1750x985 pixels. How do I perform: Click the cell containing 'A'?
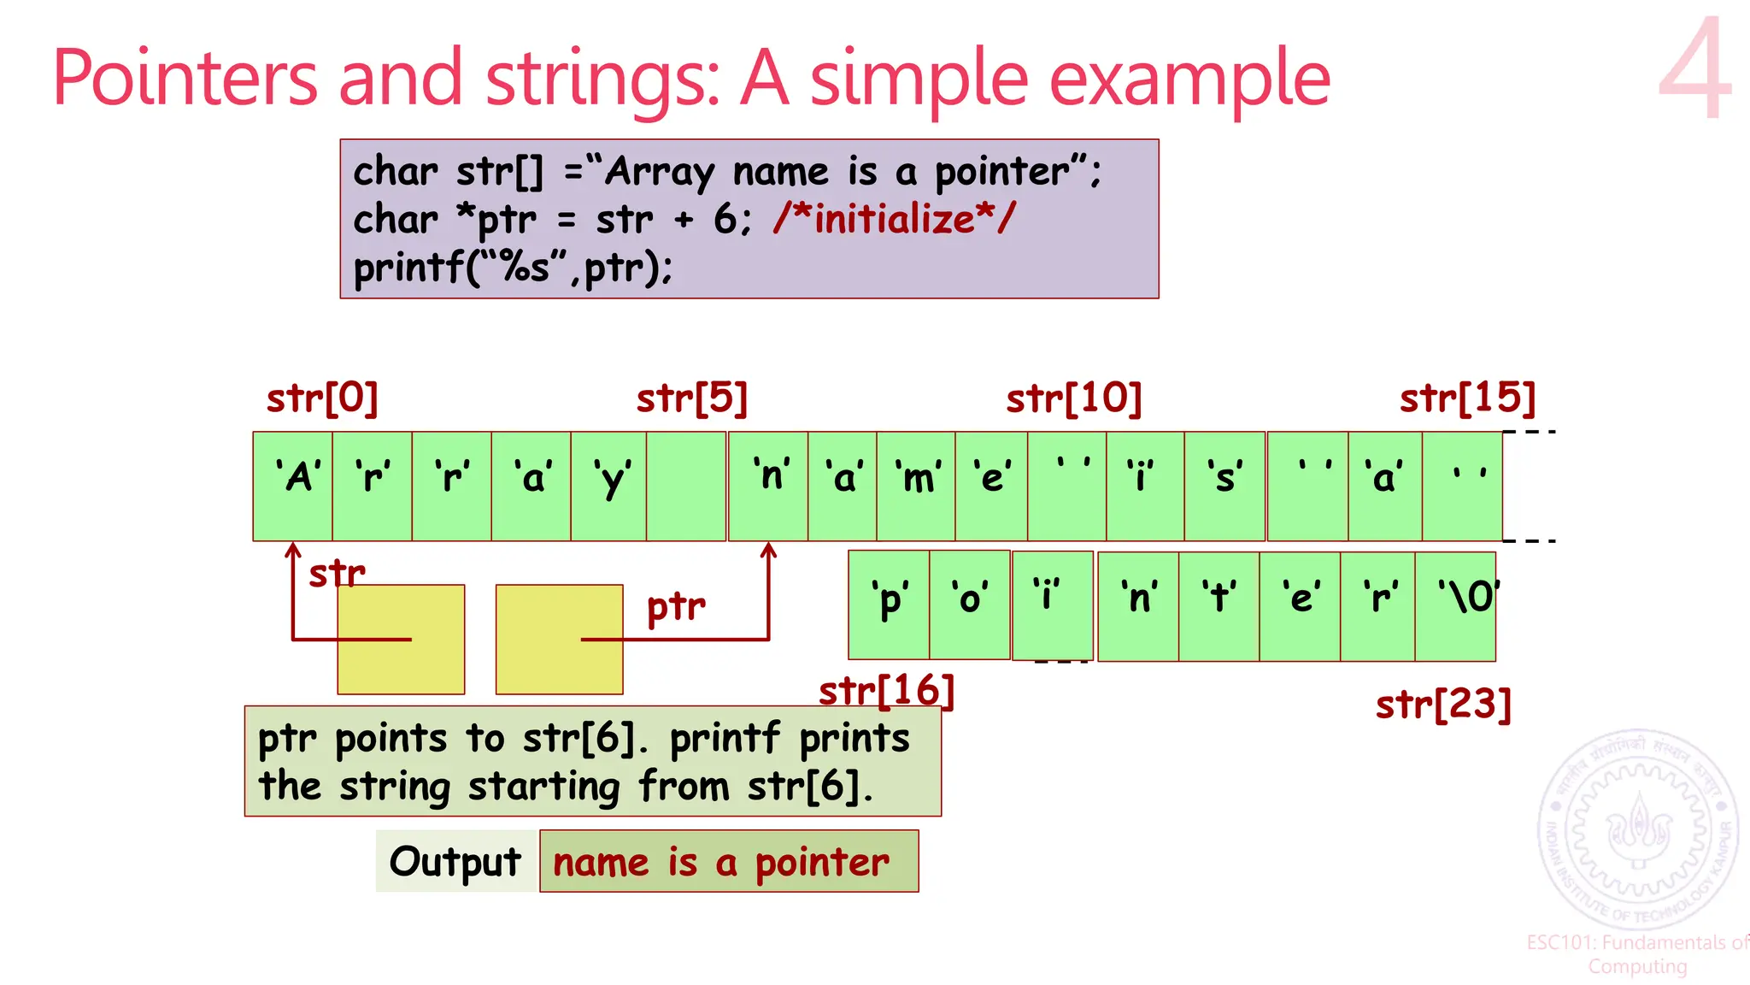(292, 486)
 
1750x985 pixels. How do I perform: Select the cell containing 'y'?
(608, 486)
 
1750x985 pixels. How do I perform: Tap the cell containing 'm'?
(916, 486)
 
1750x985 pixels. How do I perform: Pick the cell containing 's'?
(1224, 486)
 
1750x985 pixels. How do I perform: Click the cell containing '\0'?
(1456, 605)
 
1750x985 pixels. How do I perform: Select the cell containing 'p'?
(889, 605)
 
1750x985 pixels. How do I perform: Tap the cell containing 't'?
(1219, 605)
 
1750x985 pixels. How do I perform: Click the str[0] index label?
(322, 398)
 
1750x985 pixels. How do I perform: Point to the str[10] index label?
(1073, 398)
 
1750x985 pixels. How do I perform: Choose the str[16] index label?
(886, 691)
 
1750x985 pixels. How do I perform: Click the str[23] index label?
(1443, 705)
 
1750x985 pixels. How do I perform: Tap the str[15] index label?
(1467, 398)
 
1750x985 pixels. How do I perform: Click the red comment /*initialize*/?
(894, 219)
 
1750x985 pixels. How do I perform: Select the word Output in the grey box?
(455, 862)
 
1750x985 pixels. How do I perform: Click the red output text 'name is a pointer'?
(721, 862)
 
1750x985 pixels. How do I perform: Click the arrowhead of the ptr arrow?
(768, 549)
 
